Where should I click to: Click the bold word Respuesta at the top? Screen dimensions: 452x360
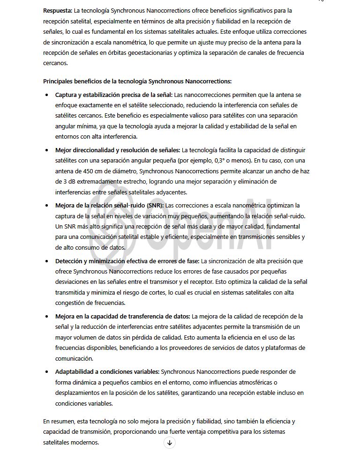point(57,10)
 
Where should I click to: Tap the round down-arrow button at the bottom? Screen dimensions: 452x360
point(170,443)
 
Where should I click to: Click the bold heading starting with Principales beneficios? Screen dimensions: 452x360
point(137,81)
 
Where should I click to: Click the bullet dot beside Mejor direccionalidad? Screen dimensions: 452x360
point(46,150)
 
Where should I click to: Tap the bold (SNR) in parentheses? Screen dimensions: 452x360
point(155,205)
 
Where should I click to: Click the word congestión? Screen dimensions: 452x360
point(70,303)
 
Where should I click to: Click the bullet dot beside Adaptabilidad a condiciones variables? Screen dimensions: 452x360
point(46,372)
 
